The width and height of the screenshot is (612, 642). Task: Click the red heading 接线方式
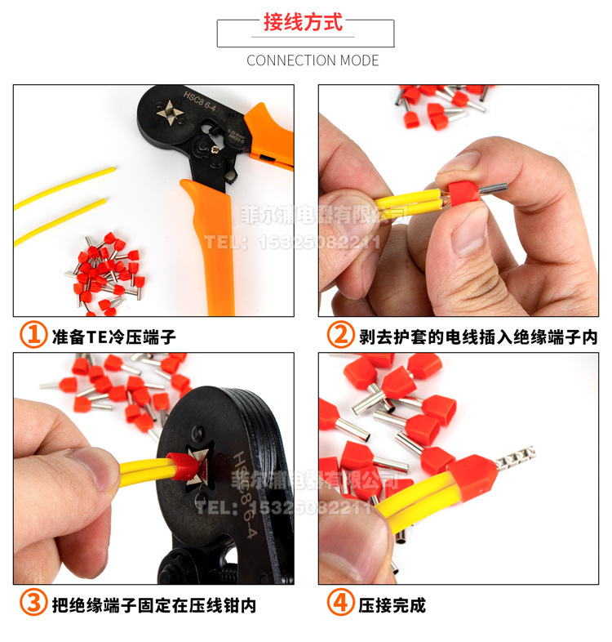[x=303, y=23]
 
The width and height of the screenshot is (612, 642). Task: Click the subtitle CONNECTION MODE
[x=313, y=60]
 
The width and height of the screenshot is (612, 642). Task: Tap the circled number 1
[x=33, y=335]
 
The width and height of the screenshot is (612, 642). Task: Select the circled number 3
[x=33, y=604]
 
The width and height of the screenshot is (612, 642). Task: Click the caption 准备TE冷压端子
[x=113, y=336]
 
